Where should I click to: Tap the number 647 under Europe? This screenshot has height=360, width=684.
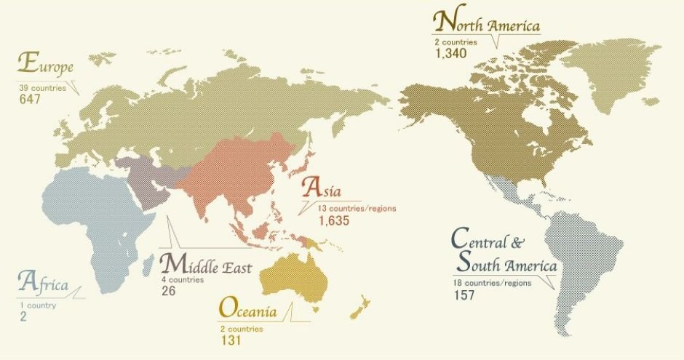click(x=30, y=100)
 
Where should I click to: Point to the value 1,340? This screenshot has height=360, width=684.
click(x=449, y=54)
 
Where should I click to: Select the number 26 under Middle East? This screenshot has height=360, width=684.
click(x=169, y=291)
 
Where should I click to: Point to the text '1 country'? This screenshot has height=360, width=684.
click(x=38, y=305)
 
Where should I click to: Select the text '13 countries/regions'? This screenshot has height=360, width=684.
click(x=357, y=208)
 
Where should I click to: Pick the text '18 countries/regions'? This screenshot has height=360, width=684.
click(x=491, y=282)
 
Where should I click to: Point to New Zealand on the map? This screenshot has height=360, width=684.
click(x=356, y=309)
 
